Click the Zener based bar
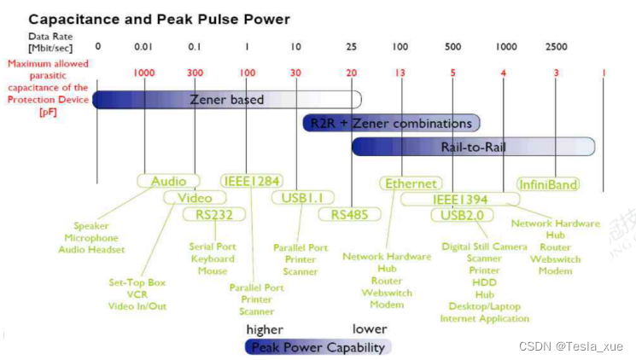(227, 100)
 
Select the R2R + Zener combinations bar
(391, 123)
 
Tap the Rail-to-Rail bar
(473, 147)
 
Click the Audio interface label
(168, 182)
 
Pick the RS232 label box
(214, 214)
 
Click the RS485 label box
(349, 214)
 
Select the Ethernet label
(411, 183)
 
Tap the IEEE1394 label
(459, 199)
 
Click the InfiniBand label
(547, 183)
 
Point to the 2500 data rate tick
(556, 45)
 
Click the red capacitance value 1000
(144, 73)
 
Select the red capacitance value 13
(400, 73)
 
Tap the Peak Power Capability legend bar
(318, 346)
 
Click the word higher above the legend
(265, 329)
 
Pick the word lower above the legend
(370, 329)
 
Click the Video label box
(194, 198)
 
